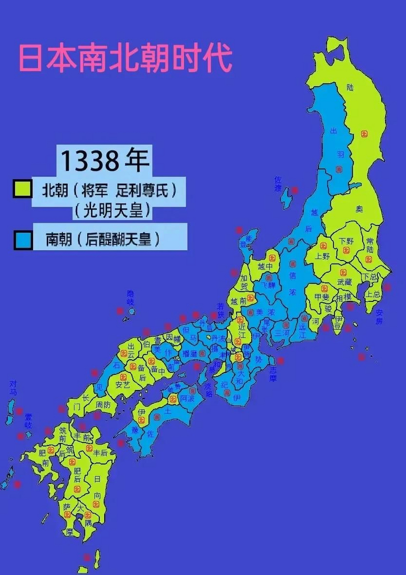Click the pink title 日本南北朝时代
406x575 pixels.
click(125, 58)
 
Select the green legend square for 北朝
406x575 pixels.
click(22, 189)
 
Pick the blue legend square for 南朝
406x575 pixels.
click(22, 239)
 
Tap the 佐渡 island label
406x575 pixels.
click(278, 185)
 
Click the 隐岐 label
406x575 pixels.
click(130, 298)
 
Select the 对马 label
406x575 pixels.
click(13, 388)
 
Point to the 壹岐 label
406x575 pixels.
click(28, 421)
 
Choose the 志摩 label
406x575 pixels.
click(273, 375)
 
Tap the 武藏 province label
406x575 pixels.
click(345, 282)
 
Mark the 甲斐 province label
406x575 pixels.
click(322, 297)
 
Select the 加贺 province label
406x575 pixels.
click(243, 282)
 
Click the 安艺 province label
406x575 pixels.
click(122, 385)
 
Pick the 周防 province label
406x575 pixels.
click(103, 405)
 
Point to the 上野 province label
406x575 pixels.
click(322, 257)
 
